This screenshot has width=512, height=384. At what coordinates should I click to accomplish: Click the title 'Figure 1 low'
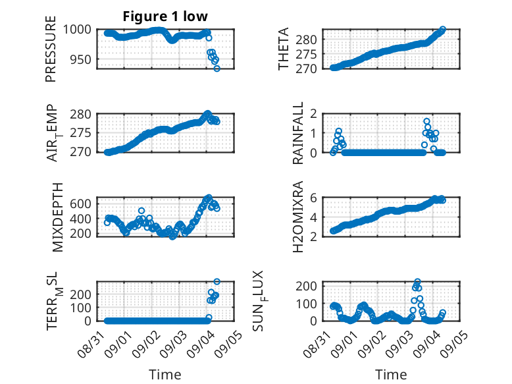[x=165, y=16]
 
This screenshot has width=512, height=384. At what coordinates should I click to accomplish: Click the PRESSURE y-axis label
[x=51, y=49]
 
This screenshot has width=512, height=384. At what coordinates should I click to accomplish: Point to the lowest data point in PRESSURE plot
[x=217, y=69]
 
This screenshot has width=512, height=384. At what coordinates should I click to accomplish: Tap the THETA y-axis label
[x=284, y=49]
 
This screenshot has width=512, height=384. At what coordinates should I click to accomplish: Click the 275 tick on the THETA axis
[x=306, y=54]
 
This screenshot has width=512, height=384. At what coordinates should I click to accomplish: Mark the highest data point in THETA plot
[x=443, y=29]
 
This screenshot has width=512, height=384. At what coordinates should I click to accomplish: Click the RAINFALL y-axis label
[x=298, y=133]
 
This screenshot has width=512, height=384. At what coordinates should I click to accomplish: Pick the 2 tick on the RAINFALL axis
[x=313, y=114]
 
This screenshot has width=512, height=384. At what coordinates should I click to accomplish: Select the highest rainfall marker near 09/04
[x=426, y=121]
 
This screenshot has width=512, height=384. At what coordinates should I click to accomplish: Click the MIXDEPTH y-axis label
[x=57, y=217]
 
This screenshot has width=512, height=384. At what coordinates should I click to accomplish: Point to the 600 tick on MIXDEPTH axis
[x=81, y=204]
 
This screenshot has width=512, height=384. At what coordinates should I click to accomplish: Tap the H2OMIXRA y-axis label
[x=298, y=217]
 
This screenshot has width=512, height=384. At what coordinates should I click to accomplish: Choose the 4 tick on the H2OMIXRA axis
[x=313, y=217]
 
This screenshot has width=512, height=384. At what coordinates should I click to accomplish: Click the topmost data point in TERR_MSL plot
[x=217, y=281]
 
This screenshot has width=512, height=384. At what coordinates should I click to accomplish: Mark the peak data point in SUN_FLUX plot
[x=417, y=281]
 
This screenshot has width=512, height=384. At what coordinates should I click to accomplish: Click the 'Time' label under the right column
[x=391, y=375]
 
